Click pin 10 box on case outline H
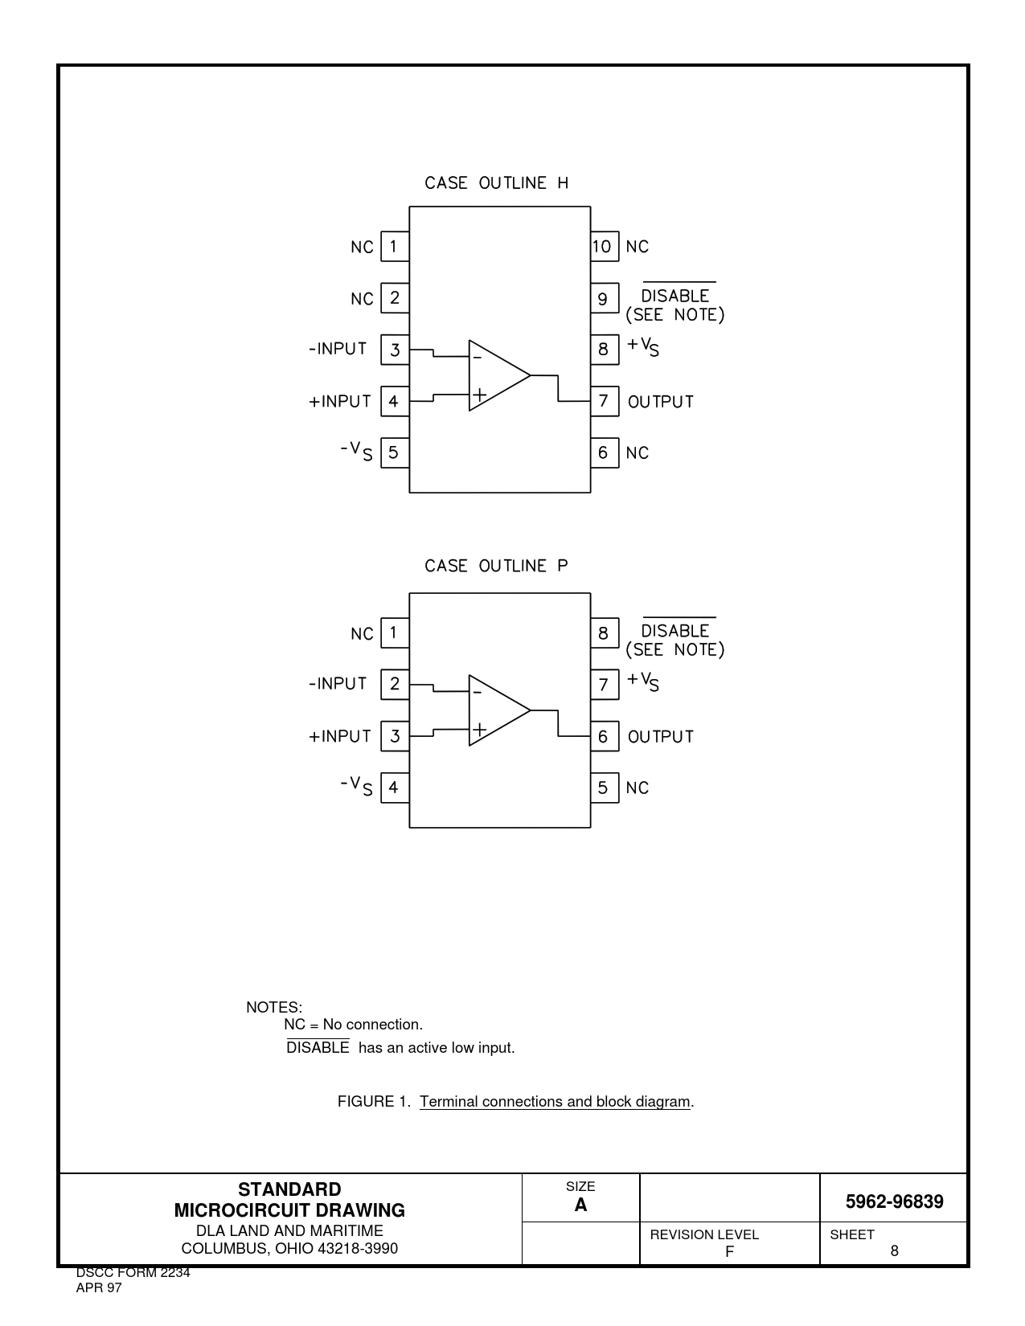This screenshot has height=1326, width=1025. coord(604,247)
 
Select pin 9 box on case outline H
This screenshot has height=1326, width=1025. coord(604,299)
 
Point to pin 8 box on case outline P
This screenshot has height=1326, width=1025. coord(604,633)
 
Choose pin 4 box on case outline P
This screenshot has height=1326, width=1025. coord(394,788)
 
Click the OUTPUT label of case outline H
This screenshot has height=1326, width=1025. coord(660,402)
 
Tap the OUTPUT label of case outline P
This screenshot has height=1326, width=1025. coord(660,737)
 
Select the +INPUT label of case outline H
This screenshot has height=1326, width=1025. coord(340,402)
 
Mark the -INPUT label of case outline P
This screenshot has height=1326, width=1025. coord(338,684)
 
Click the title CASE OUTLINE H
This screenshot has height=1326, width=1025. coord(496,183)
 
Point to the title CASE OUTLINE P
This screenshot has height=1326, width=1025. coord(496,567)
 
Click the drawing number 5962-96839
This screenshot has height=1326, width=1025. coord(894,1202)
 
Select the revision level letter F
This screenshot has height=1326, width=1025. coord(729,1251)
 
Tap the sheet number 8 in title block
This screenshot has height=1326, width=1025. coord(894,1251)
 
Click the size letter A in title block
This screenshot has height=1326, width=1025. coord(580,1205)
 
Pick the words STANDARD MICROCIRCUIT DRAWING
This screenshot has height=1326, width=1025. coord(289,1200)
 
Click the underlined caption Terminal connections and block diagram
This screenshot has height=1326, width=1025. coord(555,1102)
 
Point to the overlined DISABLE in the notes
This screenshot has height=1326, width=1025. coord(318,1048)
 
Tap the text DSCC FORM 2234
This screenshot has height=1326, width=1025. coord(133,1273)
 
